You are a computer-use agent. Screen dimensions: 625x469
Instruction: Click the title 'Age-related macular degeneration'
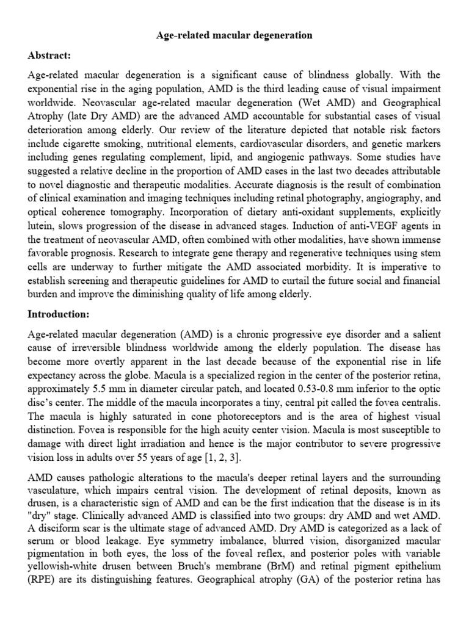tap(234, 35)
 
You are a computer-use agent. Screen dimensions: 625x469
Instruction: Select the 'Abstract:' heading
tap(50, 56)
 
